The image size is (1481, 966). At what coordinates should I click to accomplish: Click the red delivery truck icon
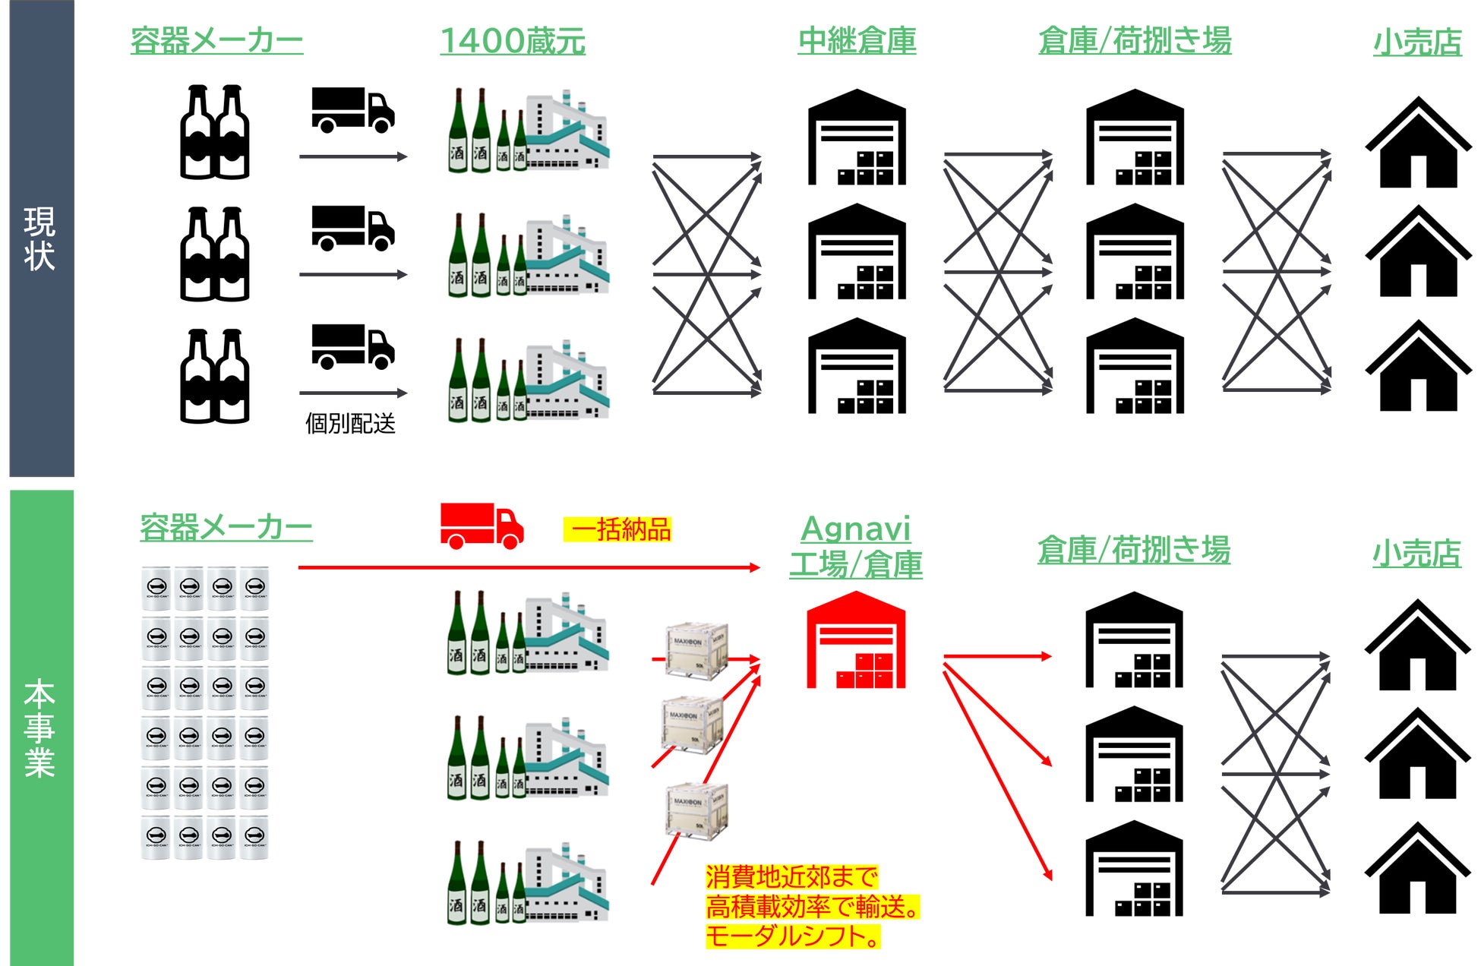tap(482, 525)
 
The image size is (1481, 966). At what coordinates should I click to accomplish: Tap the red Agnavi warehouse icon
tap(856, 641)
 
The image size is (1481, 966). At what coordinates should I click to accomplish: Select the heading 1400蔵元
tap(513, 41)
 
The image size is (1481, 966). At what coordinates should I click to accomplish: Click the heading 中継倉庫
tap(857, 41)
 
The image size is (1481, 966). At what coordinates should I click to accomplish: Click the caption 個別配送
tap(350, 423)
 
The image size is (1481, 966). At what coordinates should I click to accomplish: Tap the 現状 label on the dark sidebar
tap(40, 238)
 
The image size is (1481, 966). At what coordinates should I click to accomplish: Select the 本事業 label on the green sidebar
tap(40, 728)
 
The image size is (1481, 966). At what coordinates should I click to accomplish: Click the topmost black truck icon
tap(352, 110)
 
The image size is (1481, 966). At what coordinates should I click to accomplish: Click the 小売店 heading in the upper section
tap(1417, 43)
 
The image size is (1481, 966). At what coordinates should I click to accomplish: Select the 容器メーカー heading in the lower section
tap(226, 528)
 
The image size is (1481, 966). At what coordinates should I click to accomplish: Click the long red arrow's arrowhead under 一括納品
tap(754, 567)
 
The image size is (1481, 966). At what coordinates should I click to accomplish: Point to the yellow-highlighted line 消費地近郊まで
tap(791, 877)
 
